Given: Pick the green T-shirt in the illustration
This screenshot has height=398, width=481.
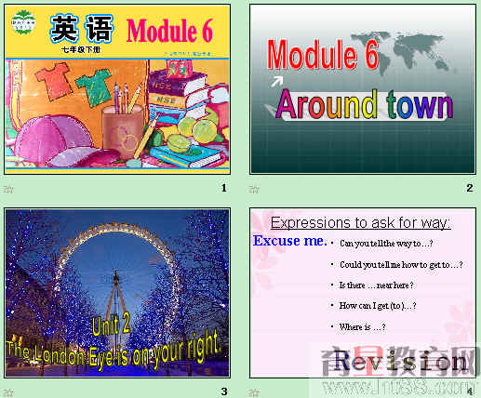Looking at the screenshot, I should point(92,89).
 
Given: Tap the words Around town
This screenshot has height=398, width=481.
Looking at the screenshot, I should point(364,105).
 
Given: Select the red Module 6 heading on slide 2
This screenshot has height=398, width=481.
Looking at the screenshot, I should point(322,56).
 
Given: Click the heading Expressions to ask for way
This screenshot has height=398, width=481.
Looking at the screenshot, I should point(361,222).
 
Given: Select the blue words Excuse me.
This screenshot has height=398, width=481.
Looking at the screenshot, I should point(289,242).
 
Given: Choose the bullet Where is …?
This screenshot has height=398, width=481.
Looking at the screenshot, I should point(363,326).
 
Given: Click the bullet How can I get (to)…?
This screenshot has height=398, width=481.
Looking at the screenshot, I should point(378,305).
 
